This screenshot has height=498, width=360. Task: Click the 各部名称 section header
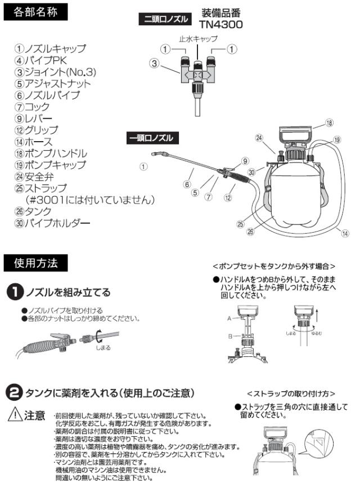click(35, 13)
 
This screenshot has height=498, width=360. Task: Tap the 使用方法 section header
click(35, 262)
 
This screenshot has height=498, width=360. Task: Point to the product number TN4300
click(220, 24)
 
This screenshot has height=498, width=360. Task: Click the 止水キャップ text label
click(198, 39)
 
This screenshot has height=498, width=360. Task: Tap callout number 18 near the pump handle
click(329, 123)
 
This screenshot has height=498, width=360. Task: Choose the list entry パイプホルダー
click(52, 224)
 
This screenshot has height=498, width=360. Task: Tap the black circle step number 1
click(14, 292)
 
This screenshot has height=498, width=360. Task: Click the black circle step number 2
click(14, 391)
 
